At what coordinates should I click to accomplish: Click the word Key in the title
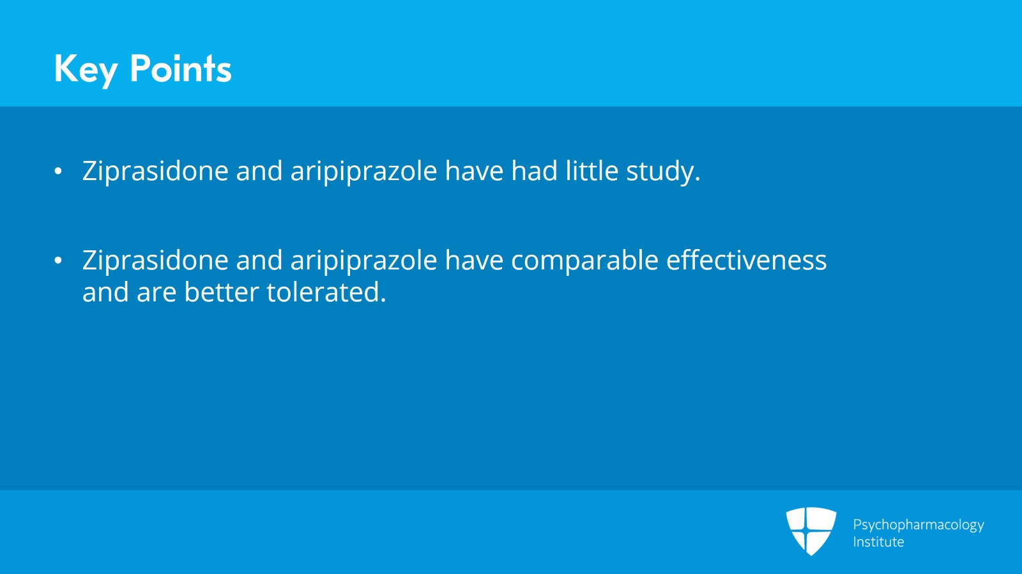[86, 69]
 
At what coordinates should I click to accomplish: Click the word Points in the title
[180, 68]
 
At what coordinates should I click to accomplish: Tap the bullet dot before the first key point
[58, 171]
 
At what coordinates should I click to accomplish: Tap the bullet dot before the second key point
[58, 261]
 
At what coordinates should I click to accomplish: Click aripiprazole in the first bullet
[363, 172]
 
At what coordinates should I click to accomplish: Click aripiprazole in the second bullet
[363, 261]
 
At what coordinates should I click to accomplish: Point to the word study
[662, 172]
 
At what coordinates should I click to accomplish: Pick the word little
[591, 171]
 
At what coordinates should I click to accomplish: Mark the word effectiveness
[746, 261]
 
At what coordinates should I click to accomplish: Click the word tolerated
[326, 292]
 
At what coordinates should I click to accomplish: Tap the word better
[221, 292]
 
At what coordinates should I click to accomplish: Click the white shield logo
[811, 531]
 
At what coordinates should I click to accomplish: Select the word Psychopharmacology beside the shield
[918, 525]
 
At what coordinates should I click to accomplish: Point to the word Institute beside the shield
[878, 542]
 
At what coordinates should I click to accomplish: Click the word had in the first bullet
[534, 171]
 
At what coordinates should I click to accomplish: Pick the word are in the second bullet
[156, 293]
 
